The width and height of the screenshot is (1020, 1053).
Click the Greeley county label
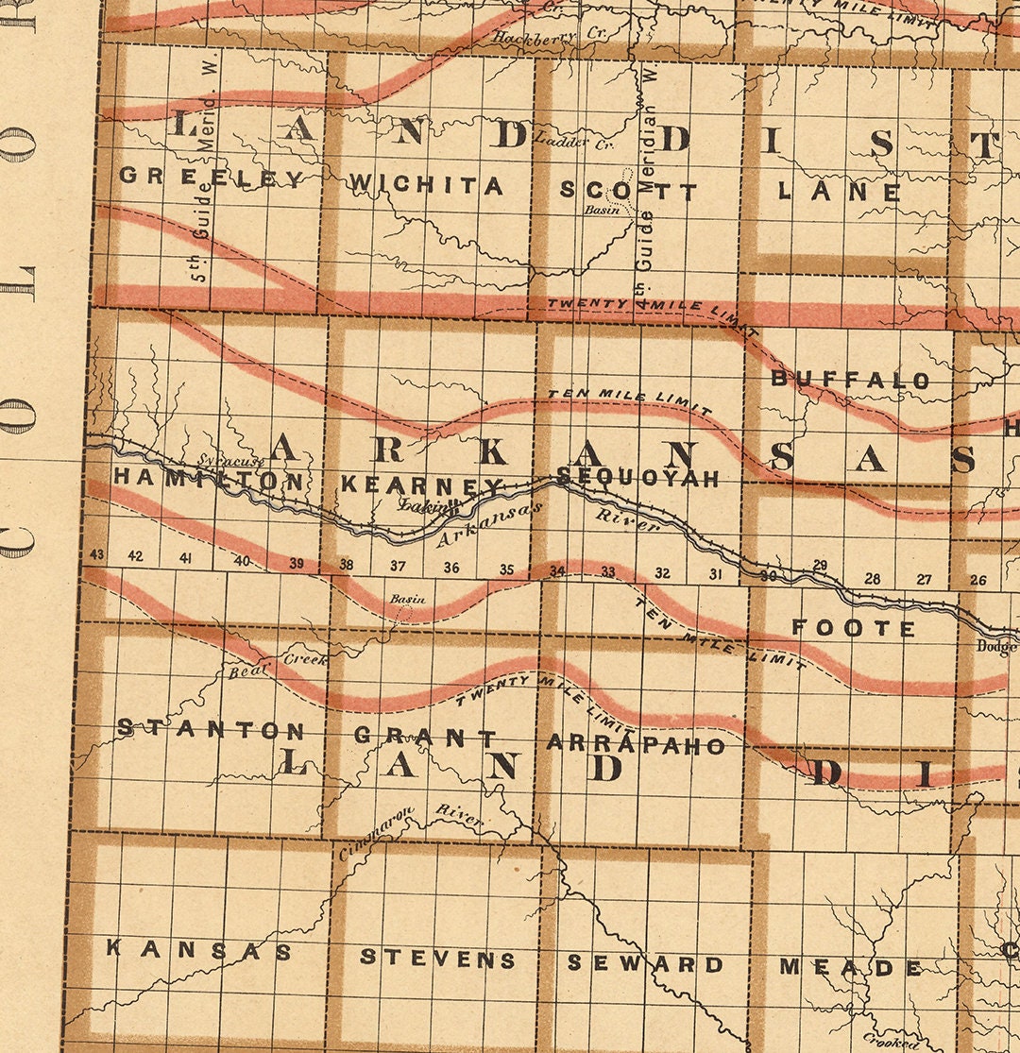pyautogui.click(x=212, y=178)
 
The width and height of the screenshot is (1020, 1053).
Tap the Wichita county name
pyautogui.click(x=426, y=185)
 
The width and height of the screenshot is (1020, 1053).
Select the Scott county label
pyautogui.click(x=628, y=191)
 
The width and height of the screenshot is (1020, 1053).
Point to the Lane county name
pyautogui.click(x=840, y=191)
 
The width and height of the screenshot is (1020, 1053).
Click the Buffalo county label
pyautogui.click(x=851, y=380)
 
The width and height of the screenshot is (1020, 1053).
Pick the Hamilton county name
pyautogui.click(x=209, y=480)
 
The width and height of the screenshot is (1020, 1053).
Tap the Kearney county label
pyautogui.click(x=421, y=484)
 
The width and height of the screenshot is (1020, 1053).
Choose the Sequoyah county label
pyautogui.click(x=638, y=478)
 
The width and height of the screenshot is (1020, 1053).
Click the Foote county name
pyautogui.click(x=854, y=628)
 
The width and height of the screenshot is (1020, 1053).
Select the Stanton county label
pyautogui.click(x=211, y=729)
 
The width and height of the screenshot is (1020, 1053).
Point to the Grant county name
pyautogui.click(x=425, y=736)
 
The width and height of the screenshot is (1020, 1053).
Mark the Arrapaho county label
pyautogui.click(x=637, y=745)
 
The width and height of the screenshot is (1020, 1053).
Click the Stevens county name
pyautogui.click(x=438, y=960)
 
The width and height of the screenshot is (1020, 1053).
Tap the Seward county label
pyautogui.click(x=646, y=963)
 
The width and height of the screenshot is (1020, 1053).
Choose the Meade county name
pyautogui.click(x=851, y=967)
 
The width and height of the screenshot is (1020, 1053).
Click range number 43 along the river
pyautogui.click(x=94, y=555)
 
